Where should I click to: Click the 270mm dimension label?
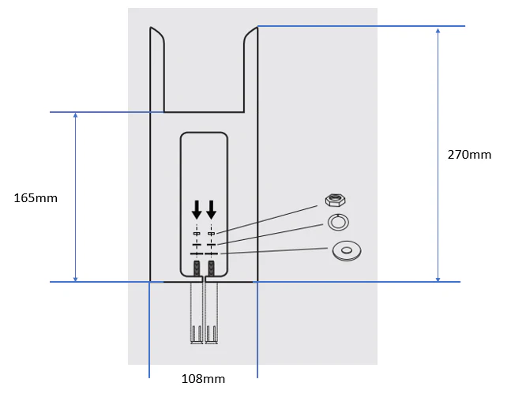(469, 155)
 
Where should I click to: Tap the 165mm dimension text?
(36, 198)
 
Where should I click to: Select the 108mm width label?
(203, 379)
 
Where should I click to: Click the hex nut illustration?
(337, 199)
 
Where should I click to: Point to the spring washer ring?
(337, 223)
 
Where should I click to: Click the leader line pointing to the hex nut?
(269, 217)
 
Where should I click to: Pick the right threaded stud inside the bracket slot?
(211, 268)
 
